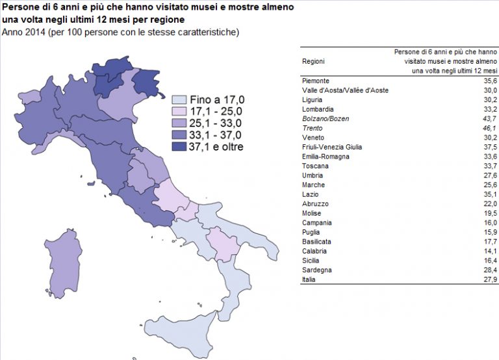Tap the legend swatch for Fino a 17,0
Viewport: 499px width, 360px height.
pos(180,100)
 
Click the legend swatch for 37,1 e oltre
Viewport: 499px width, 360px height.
pos(180,147)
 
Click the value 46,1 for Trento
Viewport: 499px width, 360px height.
pos(488,128)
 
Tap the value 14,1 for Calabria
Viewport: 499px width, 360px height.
pos(488,250)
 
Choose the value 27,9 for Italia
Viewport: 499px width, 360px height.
pos(488,279)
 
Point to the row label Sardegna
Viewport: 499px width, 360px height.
pos(318,269)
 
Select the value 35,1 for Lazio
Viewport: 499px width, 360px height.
pos(488,194)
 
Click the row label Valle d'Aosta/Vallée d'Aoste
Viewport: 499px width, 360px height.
pos(345,90)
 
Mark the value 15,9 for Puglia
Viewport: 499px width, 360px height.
pos(488,231)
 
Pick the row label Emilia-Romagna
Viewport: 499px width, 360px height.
pos(326,157)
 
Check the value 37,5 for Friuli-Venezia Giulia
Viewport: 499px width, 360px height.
pos(488,147)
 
